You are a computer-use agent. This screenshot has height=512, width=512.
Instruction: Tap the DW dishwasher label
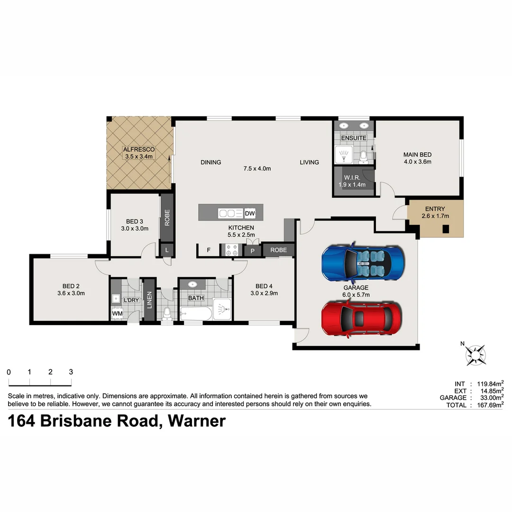pos(250,214)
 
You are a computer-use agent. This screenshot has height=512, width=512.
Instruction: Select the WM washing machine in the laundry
pos(117,313)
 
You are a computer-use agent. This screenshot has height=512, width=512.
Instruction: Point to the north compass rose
pos(475,354)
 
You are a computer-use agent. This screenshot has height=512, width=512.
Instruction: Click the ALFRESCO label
pos(138,149)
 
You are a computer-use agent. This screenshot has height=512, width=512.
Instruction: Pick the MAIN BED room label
pos(417,155)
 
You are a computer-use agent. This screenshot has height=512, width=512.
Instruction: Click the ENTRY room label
pos(435,209)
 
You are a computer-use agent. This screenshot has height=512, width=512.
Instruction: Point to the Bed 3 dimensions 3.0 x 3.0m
pos(135,229)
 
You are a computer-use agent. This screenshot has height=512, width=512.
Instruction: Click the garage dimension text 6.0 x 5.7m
pos(356,295)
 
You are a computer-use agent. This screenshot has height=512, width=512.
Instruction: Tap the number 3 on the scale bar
pos(71,372)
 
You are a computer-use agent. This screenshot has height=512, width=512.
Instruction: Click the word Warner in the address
pos(197,421)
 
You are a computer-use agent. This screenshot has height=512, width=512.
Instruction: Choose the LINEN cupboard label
pos(149,301)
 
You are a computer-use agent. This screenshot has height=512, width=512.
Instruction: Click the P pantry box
pos(253,250)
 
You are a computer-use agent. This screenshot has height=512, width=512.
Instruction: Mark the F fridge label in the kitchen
pos(208,250)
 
